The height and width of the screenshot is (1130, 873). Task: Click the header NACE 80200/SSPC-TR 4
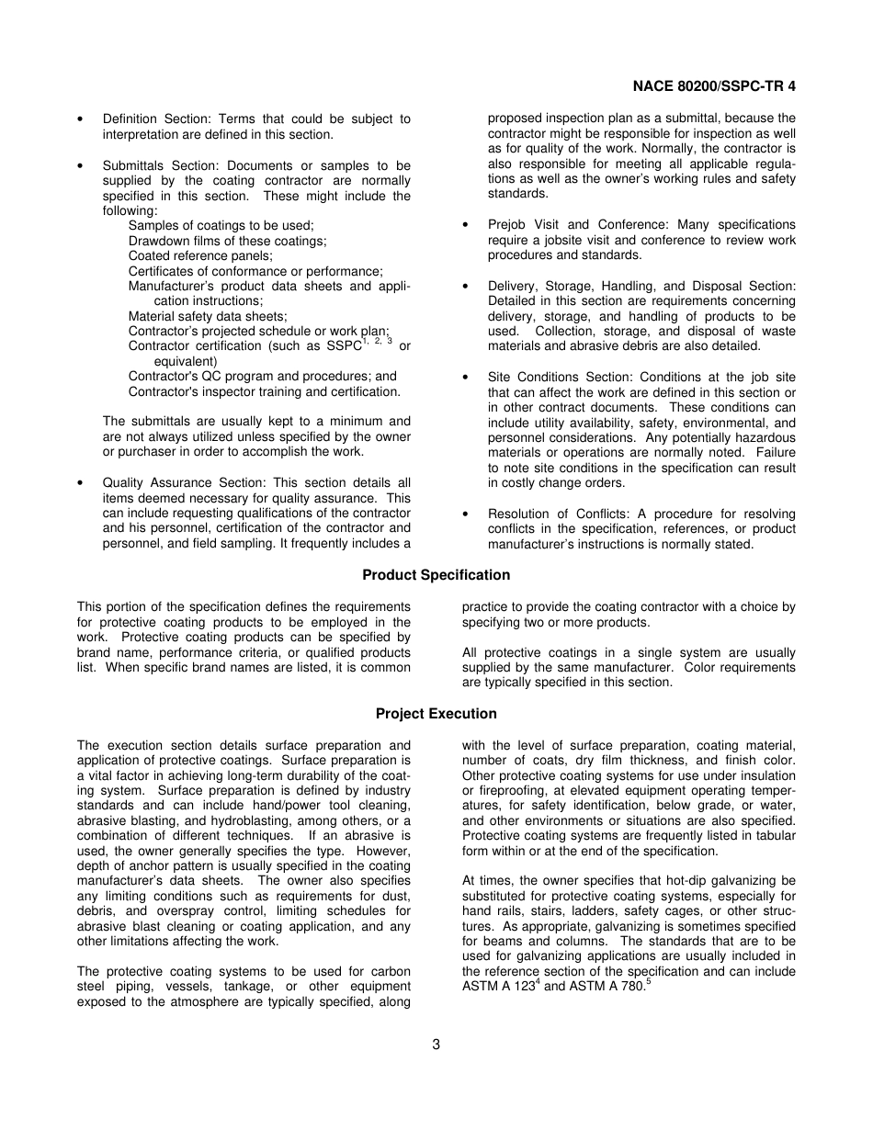pyautogui.click(x=714, y=86)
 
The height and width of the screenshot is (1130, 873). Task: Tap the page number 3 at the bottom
pyautogui.click(x=436, y=1044)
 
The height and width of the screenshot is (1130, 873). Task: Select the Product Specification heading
pyautogui.click(x=436, y=575)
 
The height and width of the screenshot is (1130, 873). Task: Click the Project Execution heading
pyautogui.click(x=436, y=714)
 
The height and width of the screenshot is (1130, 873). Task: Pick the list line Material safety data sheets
pyautogui.click(x=208, y=316)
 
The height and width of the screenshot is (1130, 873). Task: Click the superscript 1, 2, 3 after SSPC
pyautogui.click(x=377, y=342)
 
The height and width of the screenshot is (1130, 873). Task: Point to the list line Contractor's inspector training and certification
pyautogui.click(x=265, y=391)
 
